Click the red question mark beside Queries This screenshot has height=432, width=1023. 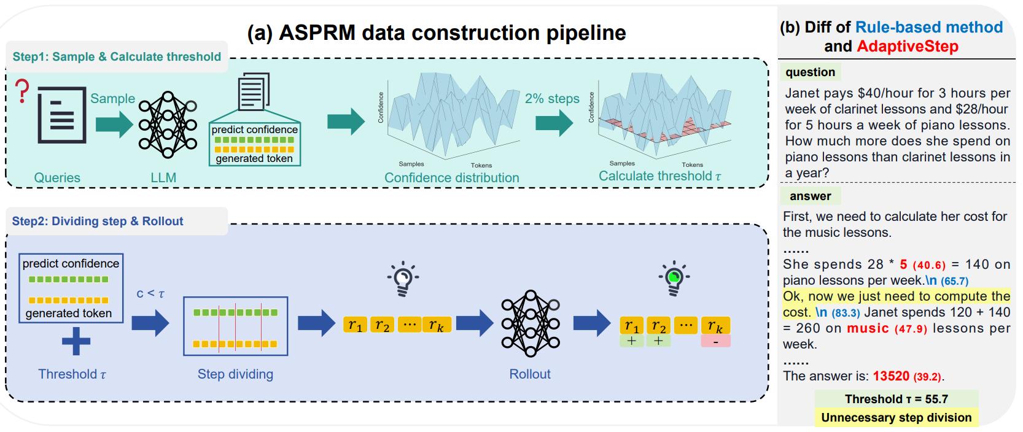[x=22, y=91]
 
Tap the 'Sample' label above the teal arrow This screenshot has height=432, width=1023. [x=112, y=98]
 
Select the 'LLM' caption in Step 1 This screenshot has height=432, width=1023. [x=163, y=177]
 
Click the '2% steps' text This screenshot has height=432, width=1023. [x=552, y=98]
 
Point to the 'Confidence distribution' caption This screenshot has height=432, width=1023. [x=451, y=177]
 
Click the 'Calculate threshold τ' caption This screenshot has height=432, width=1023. [x=659, y=176]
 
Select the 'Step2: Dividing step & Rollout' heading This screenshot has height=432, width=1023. [x=98, y=221]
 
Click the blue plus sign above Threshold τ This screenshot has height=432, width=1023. [x=76, y=341]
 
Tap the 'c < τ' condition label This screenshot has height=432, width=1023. [x=150, y=293]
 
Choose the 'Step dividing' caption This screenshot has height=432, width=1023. [x=235, y=374]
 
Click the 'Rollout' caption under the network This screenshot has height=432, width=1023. [x=529, y=374]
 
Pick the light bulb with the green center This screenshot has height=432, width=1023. [x=674, y=278]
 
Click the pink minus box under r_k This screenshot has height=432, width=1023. [x=715, y=341]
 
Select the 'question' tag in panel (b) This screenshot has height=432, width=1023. [x=810, y=72]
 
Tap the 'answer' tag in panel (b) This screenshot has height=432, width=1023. [x=810, y=196]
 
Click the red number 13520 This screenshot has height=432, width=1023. [x=891, y=376]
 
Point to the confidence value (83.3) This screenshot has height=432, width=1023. [x=846, y=313]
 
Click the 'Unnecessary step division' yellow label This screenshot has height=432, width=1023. [x=896, y=417]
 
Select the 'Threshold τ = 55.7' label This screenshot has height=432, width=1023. [x=896, y=399]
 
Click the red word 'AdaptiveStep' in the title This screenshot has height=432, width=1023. [x=907, y=46]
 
